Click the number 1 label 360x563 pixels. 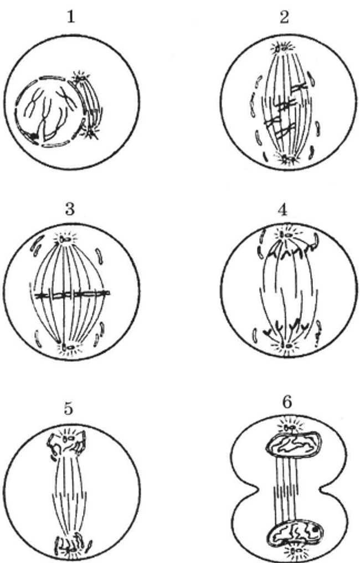71,17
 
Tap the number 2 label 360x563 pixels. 284,17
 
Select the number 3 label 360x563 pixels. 70,208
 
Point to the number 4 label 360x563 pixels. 282,210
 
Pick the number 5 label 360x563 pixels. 69,408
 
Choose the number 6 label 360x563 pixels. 287,402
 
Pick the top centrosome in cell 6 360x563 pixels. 289,427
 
